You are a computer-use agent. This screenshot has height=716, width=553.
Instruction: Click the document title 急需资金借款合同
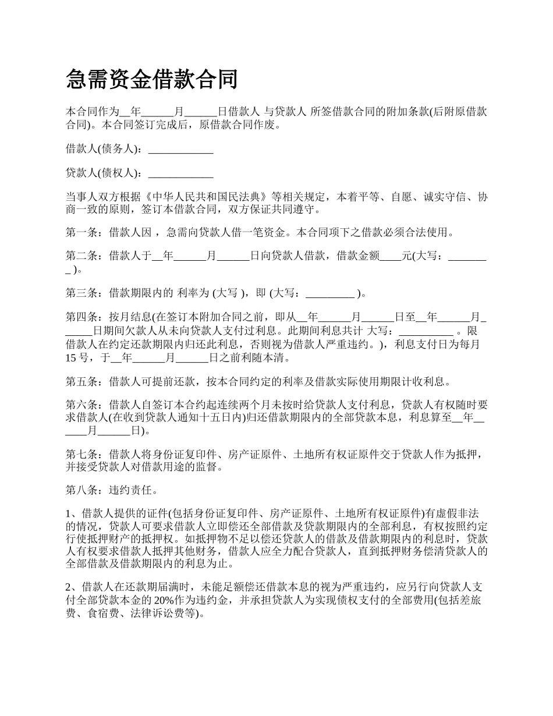pyautogui.click(x=152, y=79)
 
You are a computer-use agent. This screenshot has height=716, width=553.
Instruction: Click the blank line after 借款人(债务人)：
pyautogui.click(x=181, y=150)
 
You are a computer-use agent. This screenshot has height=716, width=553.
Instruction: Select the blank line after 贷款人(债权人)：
pyautogui.click(x=181, y=173)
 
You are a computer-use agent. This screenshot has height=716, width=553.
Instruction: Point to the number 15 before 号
pyautogui.click(x=72, y=357)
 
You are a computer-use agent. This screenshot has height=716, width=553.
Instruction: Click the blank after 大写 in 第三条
pyautogui.click(x=330, y=294)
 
